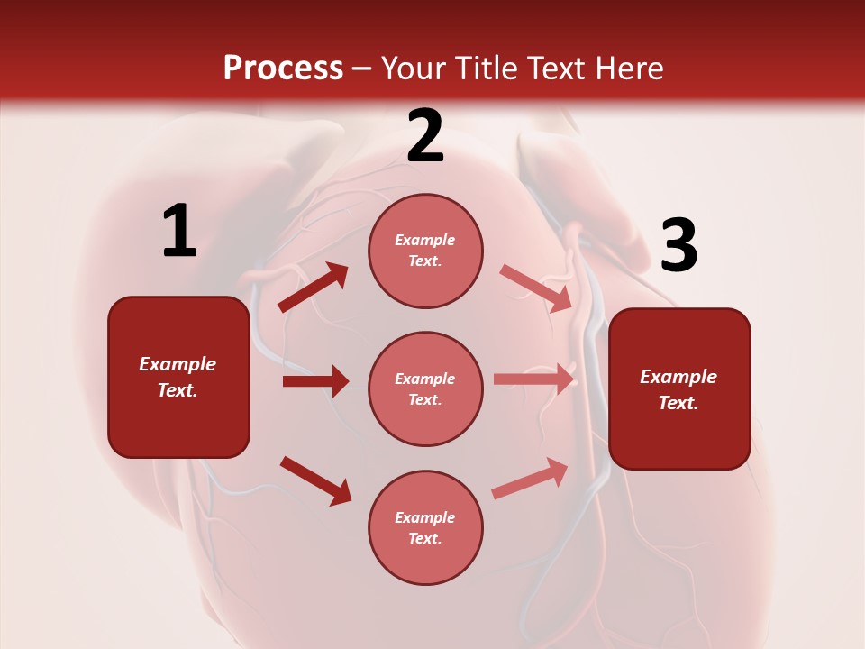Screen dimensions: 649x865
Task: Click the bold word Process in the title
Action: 283,69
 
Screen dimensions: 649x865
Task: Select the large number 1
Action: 179,232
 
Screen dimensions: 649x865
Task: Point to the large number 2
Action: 425,136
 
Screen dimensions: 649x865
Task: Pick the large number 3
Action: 678,246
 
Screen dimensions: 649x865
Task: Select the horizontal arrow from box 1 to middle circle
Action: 315,381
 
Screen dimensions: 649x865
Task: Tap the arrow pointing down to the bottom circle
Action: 315,480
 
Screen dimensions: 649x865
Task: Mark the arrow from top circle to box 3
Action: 536,288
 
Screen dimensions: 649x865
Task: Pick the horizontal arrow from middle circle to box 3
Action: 534,379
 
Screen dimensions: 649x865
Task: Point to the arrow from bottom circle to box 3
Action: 531,478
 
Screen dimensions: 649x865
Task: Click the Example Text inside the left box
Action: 178,377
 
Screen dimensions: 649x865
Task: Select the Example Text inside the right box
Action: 678,389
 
